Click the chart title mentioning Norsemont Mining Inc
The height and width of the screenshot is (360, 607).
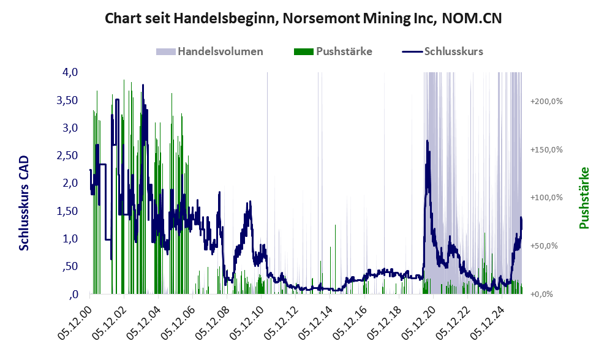click(303, 18)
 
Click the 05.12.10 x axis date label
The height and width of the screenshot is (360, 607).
click(247, 322)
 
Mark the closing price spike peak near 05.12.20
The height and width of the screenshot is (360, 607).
click(427, 141)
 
